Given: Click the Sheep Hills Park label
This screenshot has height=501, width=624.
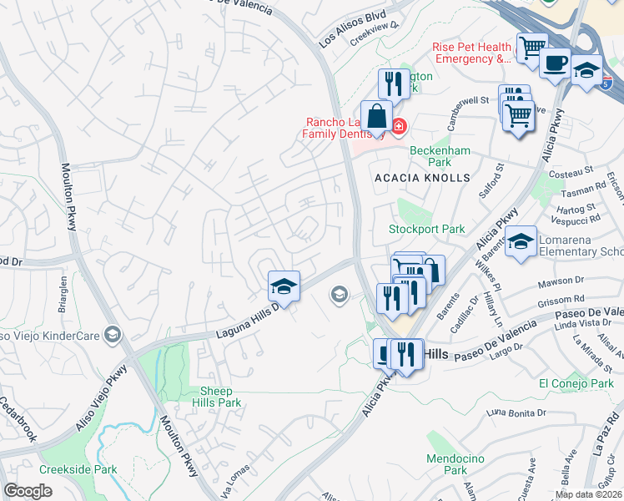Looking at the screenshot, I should [221, 397].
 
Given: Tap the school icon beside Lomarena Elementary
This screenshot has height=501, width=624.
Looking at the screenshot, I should [521, 241].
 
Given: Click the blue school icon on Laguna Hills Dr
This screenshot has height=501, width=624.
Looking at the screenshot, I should [284, 286].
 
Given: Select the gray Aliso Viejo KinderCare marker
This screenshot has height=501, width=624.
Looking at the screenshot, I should [113, 336].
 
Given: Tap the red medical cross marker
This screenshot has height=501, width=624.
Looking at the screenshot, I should [399, 127].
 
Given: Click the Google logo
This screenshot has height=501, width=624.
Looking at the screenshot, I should [28, 491].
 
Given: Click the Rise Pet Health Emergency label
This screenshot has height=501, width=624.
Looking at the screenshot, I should [471, 53].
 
